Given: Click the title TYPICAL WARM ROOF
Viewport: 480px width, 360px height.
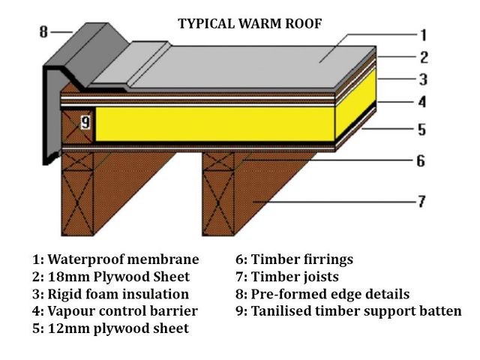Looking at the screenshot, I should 250,23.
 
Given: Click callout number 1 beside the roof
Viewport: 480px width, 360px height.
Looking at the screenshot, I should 423,34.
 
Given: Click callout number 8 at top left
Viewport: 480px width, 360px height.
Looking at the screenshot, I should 43,32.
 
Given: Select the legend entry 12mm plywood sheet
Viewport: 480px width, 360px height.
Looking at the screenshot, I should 110,328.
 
